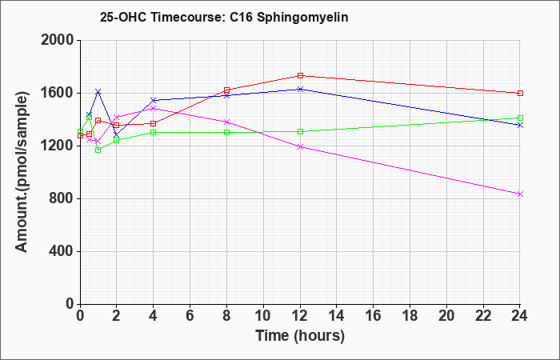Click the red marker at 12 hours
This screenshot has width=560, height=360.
300,75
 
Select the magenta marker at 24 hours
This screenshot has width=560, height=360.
520,194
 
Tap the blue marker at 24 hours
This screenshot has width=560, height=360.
520,125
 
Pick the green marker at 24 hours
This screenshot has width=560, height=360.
520,118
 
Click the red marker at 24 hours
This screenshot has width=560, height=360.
520,93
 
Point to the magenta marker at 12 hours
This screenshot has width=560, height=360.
300,146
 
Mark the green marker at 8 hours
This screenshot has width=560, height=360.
226,132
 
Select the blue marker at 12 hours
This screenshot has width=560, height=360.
300,89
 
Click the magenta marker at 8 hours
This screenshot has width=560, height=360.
226,122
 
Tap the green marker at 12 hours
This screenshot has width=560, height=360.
300,131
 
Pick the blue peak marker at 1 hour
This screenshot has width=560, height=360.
98,91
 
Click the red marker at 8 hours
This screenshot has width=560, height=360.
226,90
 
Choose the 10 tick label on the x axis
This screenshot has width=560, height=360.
263,316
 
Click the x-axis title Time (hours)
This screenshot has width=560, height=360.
300,335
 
